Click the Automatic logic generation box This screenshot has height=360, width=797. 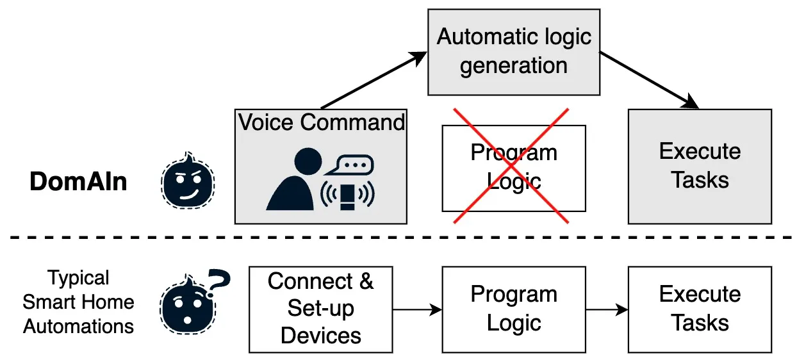(513, 51)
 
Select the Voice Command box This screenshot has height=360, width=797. (320, 167)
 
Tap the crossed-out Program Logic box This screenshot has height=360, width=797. (513, 168)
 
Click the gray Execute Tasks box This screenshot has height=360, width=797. (700, 167)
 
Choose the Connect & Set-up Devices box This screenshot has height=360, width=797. (320, 309)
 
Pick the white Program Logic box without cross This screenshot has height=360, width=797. (513, 309)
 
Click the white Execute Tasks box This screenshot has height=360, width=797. (700, 309)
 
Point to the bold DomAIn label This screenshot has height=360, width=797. (78, 182)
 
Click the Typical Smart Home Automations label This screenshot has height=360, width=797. (78, 302)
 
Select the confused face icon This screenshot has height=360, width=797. (186, 305)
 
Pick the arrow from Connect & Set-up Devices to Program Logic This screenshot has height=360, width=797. (417, 310)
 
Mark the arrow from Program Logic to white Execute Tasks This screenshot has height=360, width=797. (607, 310)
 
